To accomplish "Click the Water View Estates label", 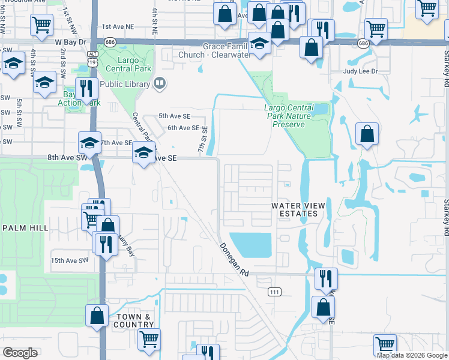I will click(x=298, y=209).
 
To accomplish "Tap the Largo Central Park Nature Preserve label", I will click(x=289, y=116).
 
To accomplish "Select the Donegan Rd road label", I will click(x=234, y=259).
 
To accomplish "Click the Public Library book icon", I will click(x=159, y=84).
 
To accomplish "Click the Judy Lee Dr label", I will click(x=360, y=71).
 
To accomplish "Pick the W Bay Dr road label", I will click(x=71, y=43).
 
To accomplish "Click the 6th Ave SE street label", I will click(x=183, y=128).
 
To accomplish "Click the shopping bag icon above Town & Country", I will click(x=97, y=315).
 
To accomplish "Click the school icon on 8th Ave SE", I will click(x=143, y=153).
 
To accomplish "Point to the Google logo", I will click(x=20, y=352).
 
